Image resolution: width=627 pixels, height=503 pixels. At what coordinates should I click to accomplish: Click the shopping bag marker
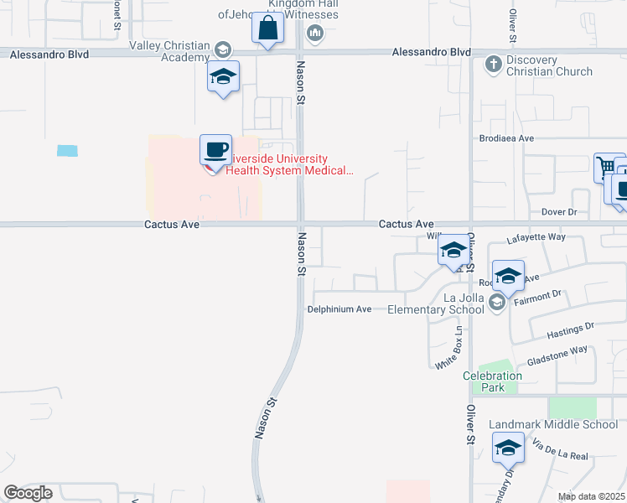[x=268, y=29]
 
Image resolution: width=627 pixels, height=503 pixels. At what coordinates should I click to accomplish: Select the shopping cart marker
[x=604, y=167]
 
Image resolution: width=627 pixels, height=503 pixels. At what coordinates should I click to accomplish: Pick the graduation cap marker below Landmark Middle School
[x=508, y=449]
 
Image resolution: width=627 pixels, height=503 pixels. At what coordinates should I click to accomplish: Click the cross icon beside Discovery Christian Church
[x=494, y=63]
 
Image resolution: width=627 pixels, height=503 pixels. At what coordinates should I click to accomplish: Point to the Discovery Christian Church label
[x=550, y=66]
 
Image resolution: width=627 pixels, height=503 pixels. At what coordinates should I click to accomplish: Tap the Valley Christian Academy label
[x=168, y=52]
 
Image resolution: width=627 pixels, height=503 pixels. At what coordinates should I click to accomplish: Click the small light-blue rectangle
[x=67, y=151]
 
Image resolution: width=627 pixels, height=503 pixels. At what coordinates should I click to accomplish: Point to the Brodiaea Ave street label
[x=505, y=137]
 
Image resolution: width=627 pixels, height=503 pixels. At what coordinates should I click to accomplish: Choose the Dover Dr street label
[x=559, y=212]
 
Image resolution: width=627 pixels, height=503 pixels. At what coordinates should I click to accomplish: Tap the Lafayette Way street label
[x=536, y=239]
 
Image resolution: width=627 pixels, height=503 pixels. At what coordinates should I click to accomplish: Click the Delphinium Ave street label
[x=339, y=309]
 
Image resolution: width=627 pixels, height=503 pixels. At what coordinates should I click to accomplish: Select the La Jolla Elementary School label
[x=435, y=303]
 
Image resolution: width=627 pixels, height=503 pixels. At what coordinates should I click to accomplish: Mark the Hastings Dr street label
[x=569, y=329]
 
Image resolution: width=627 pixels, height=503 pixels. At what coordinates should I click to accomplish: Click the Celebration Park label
[x=493, y=381]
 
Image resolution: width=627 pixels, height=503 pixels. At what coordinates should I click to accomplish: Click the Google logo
[x=28, y=493]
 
